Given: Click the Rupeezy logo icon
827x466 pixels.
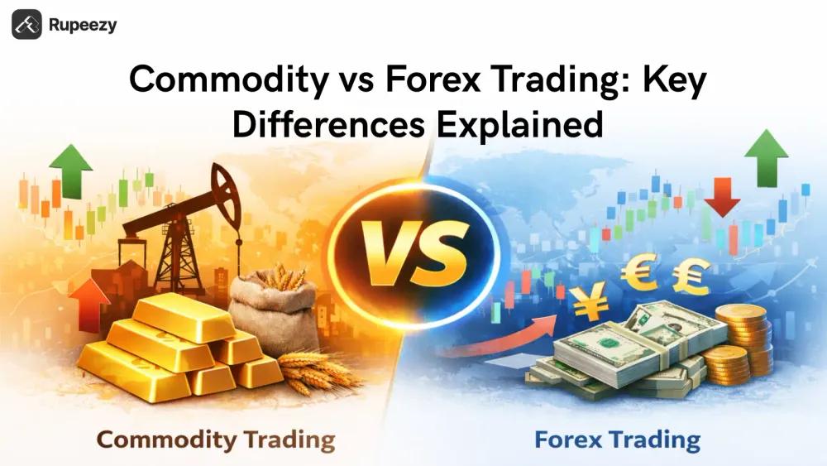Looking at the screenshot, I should point(26,25).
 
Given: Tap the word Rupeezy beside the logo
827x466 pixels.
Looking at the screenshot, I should point(84,25).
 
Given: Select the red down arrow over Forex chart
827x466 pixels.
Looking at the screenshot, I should point(721,197).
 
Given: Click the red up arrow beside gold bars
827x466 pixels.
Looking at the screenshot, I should point(89,302).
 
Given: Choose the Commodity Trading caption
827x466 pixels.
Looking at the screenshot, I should point(216,438).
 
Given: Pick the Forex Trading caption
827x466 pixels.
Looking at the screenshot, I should point(616,438).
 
